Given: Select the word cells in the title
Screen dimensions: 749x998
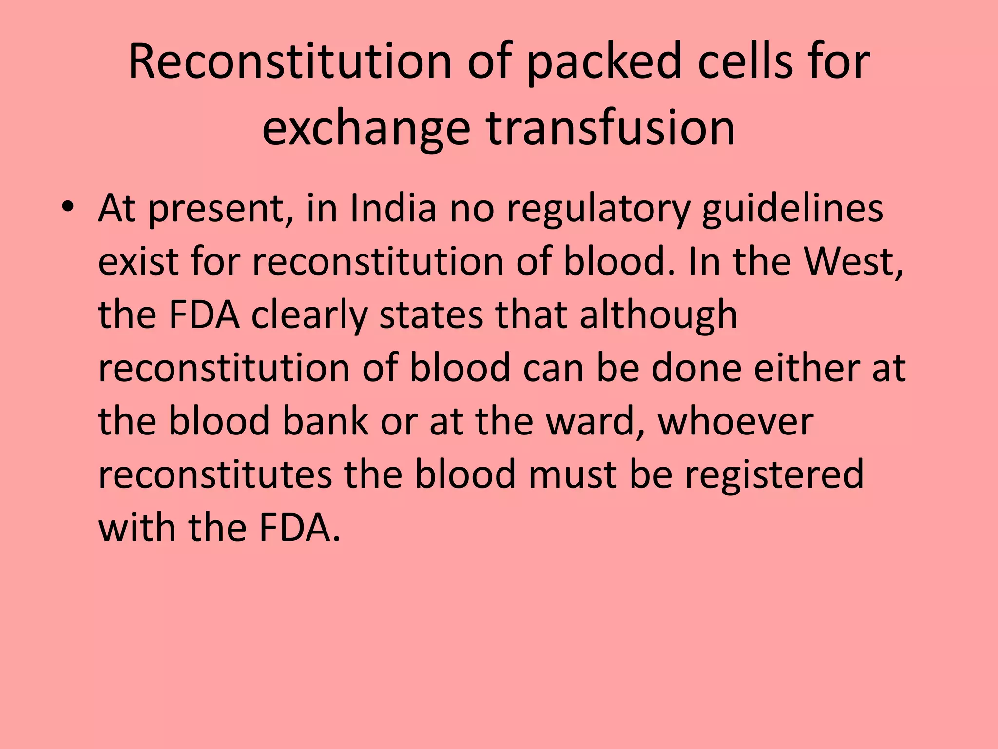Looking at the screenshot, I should pyautogui.click(x=745, y=62).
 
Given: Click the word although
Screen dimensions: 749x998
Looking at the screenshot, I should pyautogui.click(x=658, y=315).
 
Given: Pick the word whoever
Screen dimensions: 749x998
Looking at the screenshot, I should pyautogui.click(x=736, y=421).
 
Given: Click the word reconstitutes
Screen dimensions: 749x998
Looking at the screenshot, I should pyautogui.click(x=215, y=474).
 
